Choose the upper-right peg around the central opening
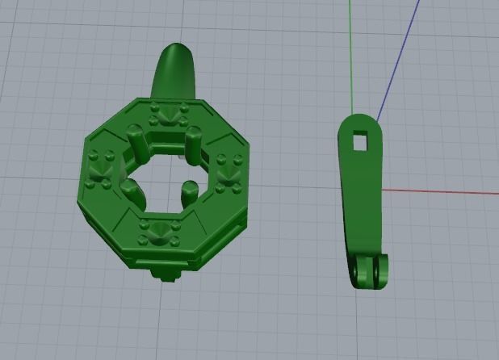pos(195,140)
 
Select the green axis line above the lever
pos(350,48)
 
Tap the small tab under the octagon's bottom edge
pos(166,276)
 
